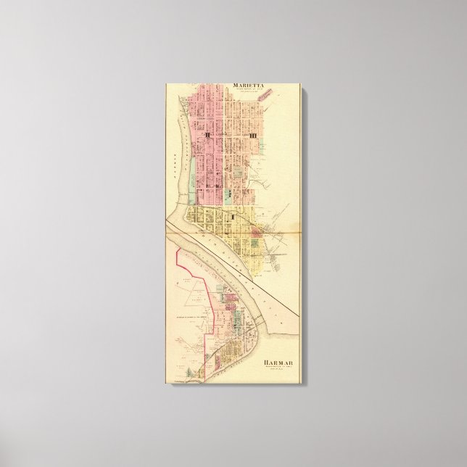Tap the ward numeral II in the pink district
coord(207,135)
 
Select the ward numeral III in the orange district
coord(253,135)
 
